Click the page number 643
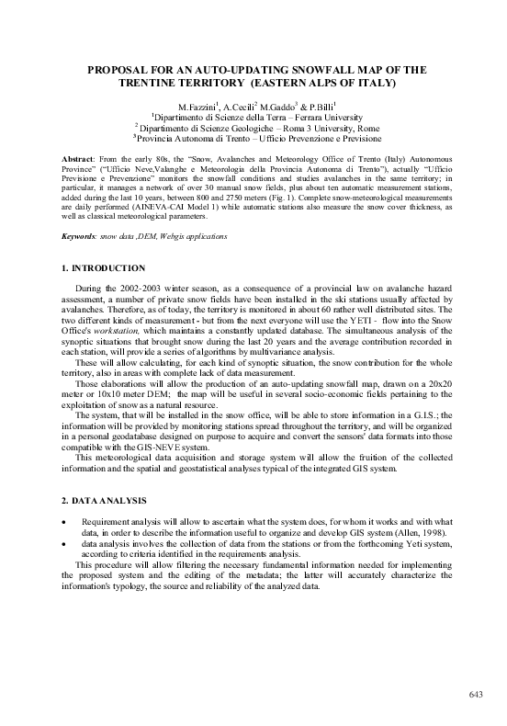click(x=475, y=693)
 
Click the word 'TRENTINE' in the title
click(x=169, y=82)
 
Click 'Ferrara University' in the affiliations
click(x=325, y=118)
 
